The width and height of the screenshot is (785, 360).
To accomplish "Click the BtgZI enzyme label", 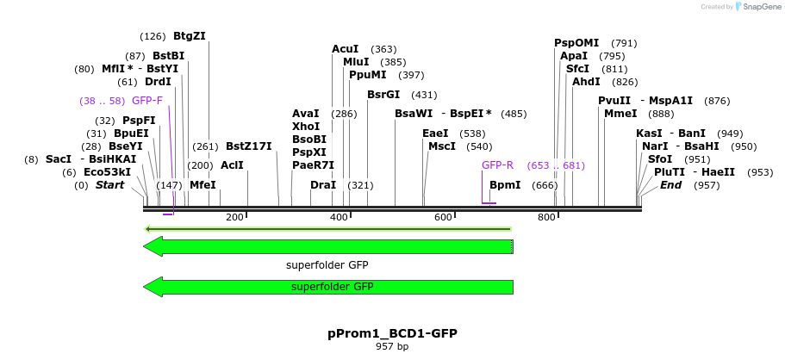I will (190, 36).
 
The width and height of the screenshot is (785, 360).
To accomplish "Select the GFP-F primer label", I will (146, 101).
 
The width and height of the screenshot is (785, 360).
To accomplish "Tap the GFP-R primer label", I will (497, 165).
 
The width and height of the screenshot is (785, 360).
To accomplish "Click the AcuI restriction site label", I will (346, 49).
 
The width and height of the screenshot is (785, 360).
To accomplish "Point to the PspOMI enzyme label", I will (576, 43).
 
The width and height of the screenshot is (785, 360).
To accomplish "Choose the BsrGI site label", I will (383, 95).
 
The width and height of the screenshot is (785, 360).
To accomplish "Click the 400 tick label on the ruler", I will (339, 217).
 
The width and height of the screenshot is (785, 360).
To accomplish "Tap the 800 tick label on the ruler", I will (546, 217).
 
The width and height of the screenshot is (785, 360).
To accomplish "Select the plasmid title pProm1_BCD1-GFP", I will (392, 332).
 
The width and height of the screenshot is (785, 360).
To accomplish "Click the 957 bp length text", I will (392, 347).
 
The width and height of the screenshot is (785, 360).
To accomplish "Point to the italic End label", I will (671, 185).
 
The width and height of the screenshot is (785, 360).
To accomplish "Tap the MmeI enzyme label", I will (620, 114).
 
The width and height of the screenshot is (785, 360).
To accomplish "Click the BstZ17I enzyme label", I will (248, 146).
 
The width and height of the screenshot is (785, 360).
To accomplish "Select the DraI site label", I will (323, 185).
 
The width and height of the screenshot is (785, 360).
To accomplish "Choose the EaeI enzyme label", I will (435, 133).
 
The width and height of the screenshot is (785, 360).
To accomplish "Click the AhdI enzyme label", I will (586, 82).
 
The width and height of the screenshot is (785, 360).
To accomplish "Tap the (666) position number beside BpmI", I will (545, 185).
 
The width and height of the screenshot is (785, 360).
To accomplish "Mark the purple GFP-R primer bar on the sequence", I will (489, 203).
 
